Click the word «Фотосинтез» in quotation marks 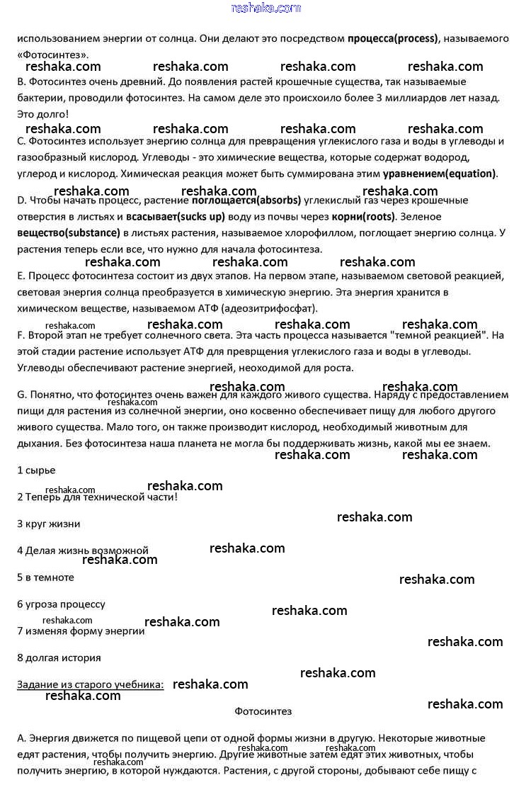point(53,54)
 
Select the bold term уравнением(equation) point(440,173)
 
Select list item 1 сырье point(36,470)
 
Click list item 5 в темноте point(45,577)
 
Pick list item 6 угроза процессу point(61,604)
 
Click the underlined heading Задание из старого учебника point(91,684)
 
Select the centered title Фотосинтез point(263,711)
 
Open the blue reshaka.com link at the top point(265,9)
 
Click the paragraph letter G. point(21,395)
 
